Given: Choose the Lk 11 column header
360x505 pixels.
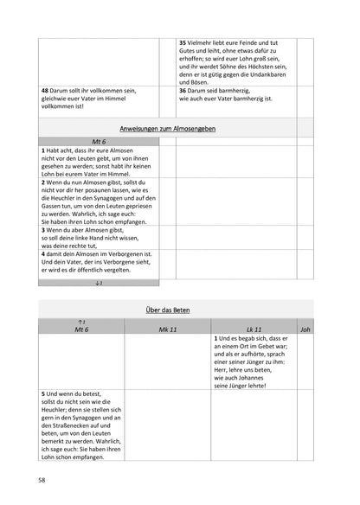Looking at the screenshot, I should pos(254,329).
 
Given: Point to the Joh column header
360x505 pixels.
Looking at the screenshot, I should pos(304,329).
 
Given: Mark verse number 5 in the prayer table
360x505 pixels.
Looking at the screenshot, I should pos(43,393).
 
